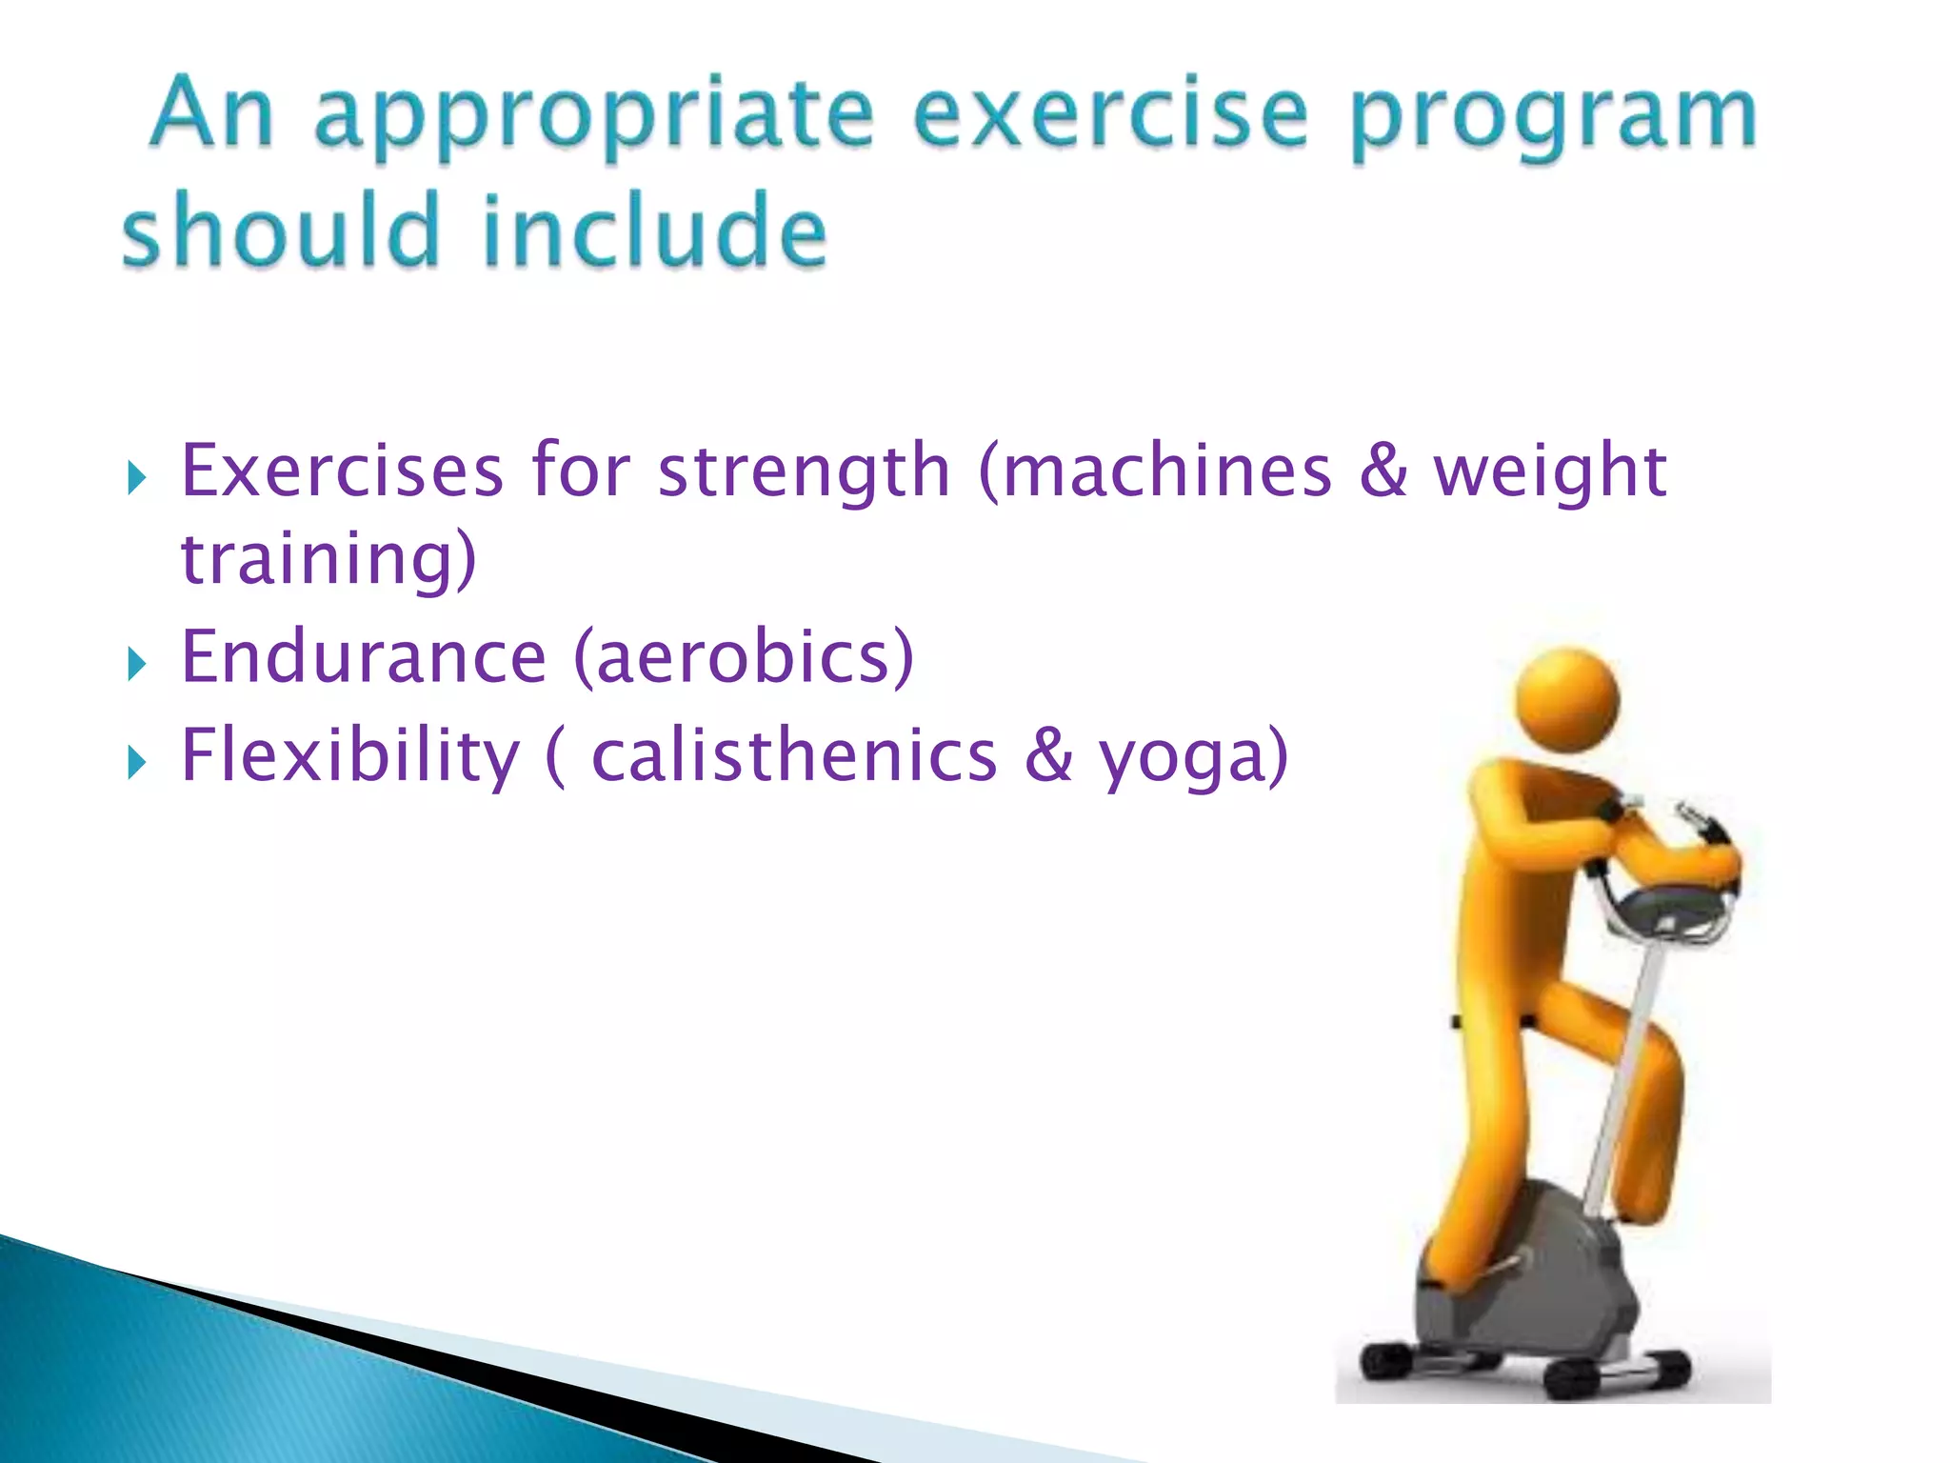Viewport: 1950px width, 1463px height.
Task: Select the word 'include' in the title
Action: coord(655,230)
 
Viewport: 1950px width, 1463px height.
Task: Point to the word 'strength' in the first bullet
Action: coord(804,471)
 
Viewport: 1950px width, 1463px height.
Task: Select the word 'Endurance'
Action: coord(364,657)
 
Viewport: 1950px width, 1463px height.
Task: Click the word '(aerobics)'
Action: coord(744,657)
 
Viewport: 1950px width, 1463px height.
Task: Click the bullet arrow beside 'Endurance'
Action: coord(137,665)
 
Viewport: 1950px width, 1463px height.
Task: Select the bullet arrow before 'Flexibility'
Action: coord(137,763)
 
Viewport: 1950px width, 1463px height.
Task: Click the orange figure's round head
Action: coord(1566,700)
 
